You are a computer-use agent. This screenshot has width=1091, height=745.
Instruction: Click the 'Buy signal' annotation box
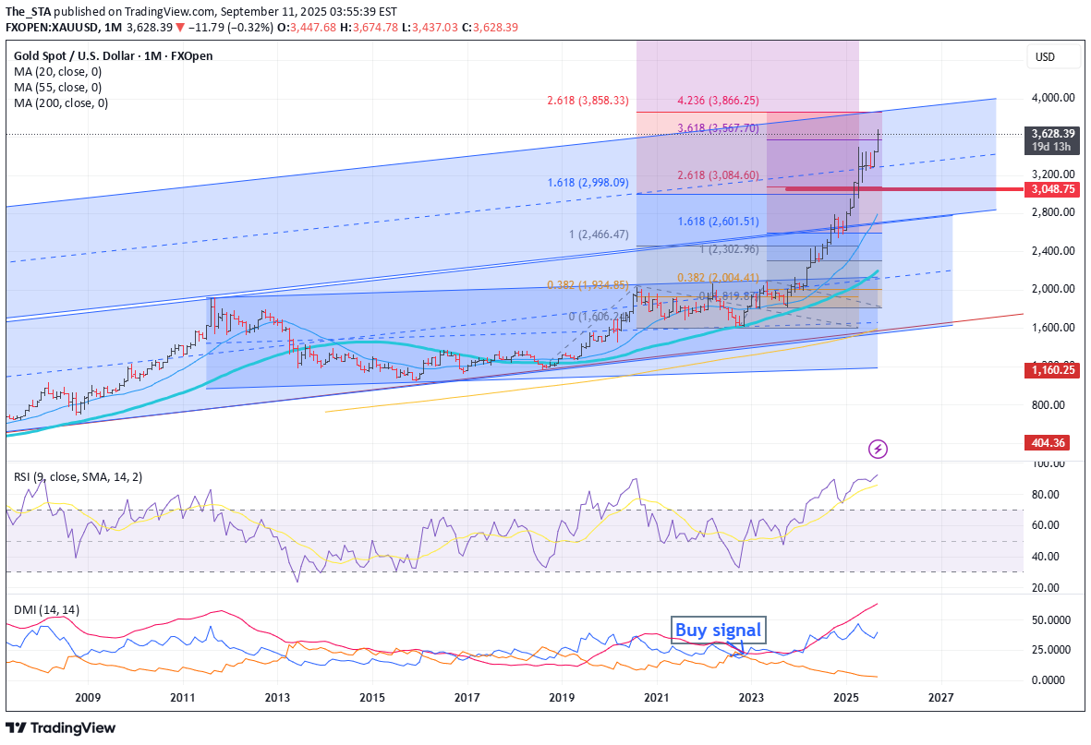718,630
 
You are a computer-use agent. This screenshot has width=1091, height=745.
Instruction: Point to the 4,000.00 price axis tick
1053,97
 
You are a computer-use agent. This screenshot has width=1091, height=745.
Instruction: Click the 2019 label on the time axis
562,698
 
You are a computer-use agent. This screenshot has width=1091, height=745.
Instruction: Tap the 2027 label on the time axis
940,698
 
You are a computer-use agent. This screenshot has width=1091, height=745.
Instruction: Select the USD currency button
1053,57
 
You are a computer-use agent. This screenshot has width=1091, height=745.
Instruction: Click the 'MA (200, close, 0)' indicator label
61,103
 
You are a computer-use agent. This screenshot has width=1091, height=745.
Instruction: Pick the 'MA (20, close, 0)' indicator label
57,71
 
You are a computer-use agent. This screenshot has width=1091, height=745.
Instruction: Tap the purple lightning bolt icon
879,450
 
